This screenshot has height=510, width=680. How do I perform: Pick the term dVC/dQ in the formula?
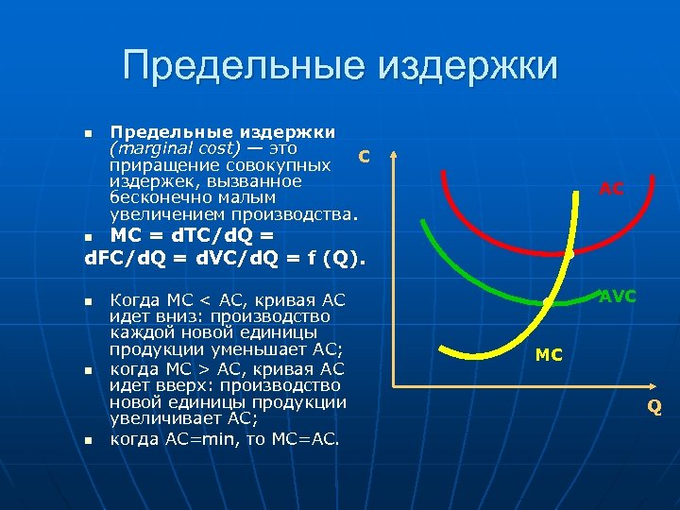click(x=227, y=257)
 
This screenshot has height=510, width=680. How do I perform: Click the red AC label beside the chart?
click(x=611, y=189)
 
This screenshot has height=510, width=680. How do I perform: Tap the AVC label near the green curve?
click(x=618, y=297)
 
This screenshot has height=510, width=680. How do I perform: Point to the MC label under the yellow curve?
click(x=548, y=355)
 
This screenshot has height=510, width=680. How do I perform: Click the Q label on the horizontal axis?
click(x=654, y=407)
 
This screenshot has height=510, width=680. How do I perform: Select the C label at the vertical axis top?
click(x=363, y=156)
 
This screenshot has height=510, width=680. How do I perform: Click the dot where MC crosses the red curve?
click(x=569, y=253)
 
